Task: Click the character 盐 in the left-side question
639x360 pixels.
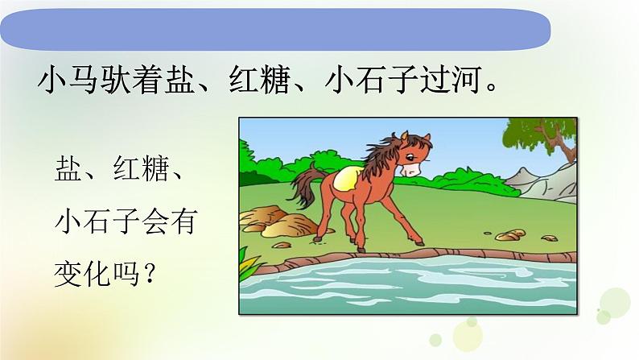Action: (67, 172)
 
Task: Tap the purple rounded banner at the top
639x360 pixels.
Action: (274, 29)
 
